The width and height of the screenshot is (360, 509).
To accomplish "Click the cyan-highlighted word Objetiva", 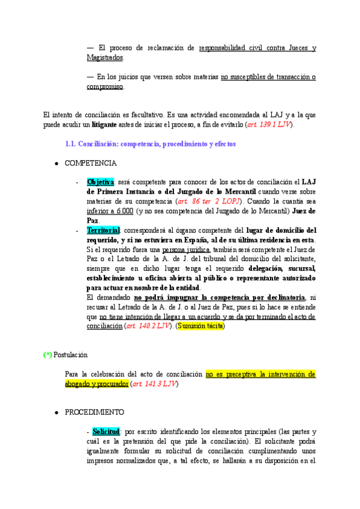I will (100, 182).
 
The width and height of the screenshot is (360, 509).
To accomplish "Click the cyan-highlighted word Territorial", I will (103, 230).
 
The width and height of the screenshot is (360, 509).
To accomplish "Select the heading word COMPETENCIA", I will (91, 163).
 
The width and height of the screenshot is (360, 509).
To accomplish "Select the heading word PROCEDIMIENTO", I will (95, 412).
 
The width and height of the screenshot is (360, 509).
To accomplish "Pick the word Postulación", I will (70, 355).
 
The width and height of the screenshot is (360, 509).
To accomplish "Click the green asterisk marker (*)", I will (47, 355).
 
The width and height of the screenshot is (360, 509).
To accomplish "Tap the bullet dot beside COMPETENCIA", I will (56, 163).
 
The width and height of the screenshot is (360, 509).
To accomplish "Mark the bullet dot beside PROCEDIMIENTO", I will (56, 413).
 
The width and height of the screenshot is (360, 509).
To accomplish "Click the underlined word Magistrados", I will (105, 58).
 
